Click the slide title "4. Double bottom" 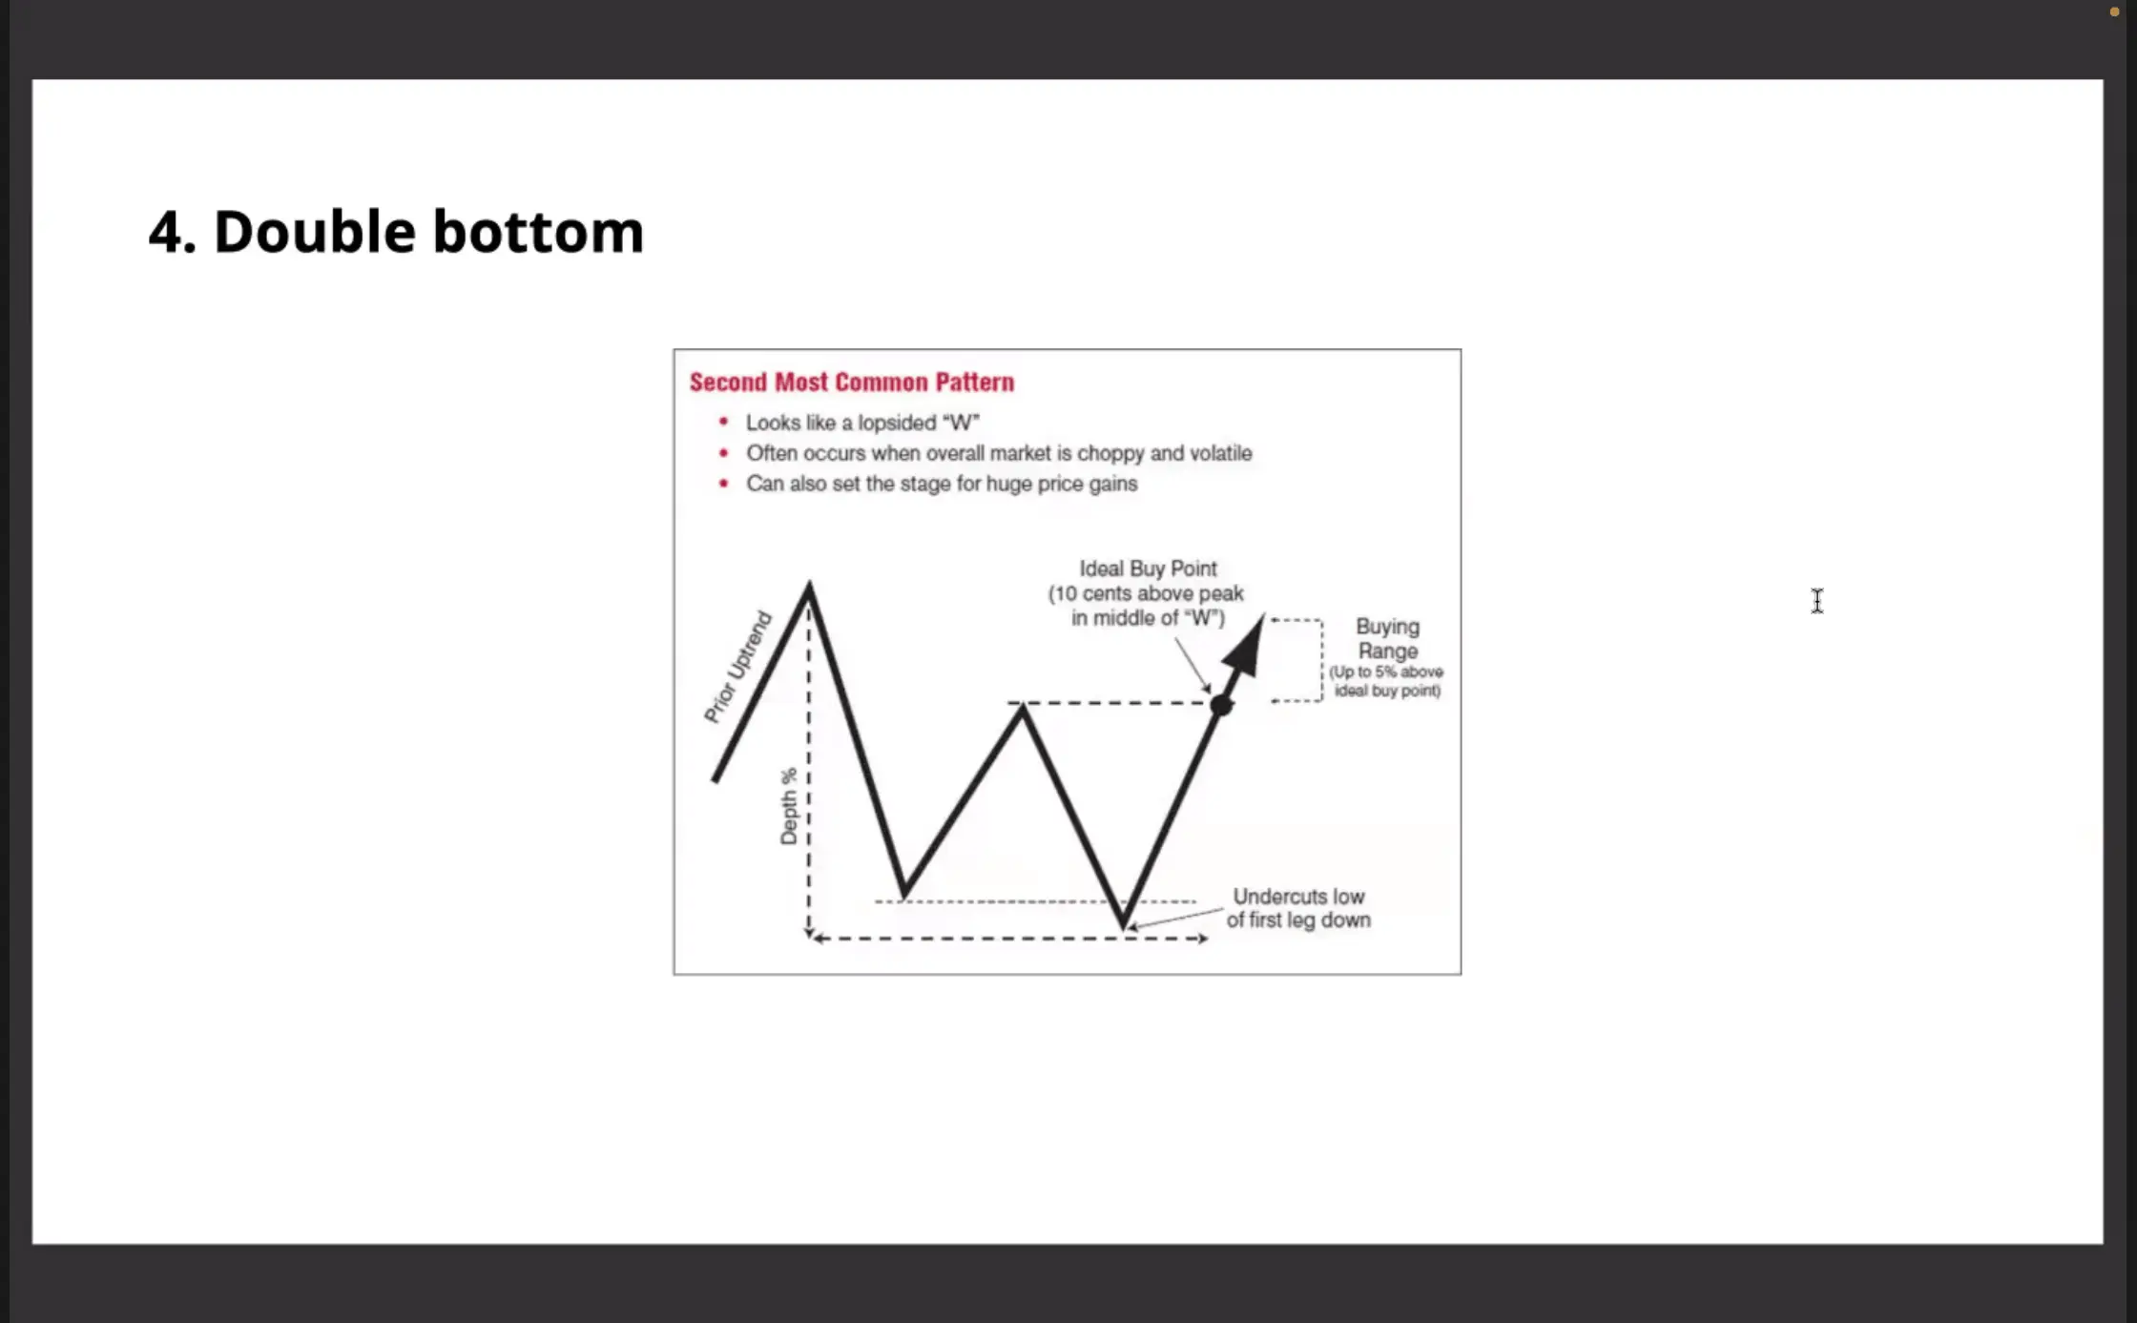pyautogui.click(x=396, y=232)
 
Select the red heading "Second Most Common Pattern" pyautogui.click(x=852, y=382)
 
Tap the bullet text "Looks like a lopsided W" pyautogui.click(x=862, y=423)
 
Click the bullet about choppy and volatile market pyautogui.click(x=999, y=453)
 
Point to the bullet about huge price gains pyautogui.click(x=942, y=484)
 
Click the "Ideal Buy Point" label pyautogui.click(x=1148, y=568)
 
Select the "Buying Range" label pyautogui.click(x=1388, y=639)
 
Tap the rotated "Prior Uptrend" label pyautogui.click(x=737, y=667)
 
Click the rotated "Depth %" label pyautogui.click(x=789, y=806)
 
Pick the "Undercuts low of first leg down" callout pyautogui.click(x=1298, y=908)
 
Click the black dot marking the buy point pyautogui.click(x=1221, y=705)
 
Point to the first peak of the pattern pyautogui.click(x=809, y=585)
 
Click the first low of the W pyautogui.click(x=904, y=895)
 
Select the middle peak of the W pyautogui.click(x=1022, y=707)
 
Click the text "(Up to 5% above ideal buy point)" pyautogui.click(x=1387, y=681)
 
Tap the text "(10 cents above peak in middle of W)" pyautogui.click(x=1147, y=606)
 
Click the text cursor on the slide pyautogui.click(x=1817, y=601)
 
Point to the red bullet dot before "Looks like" pyautogui.click(x=723, y=422)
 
